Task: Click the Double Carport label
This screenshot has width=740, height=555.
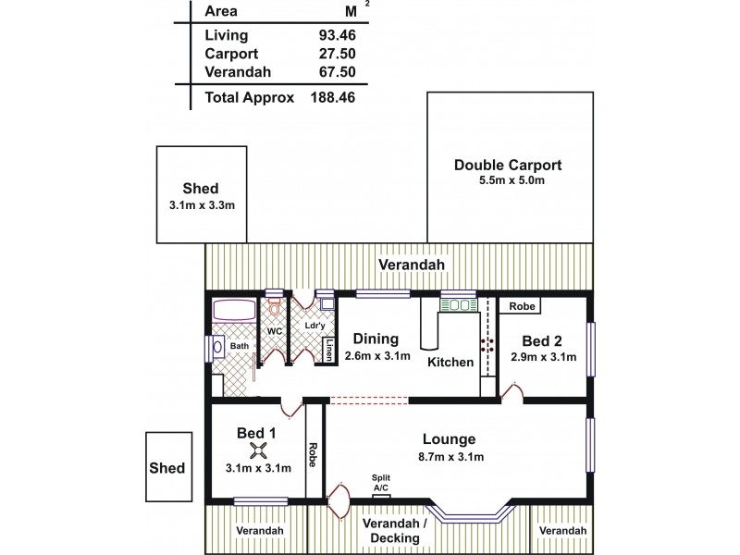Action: point(508,166)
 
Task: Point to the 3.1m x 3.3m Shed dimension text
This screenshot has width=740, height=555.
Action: point(202,204)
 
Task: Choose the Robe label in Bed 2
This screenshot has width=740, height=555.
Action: point(520,306)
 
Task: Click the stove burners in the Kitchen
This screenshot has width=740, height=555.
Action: point(487,343)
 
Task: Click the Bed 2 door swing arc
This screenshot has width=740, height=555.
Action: point(512,393)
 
